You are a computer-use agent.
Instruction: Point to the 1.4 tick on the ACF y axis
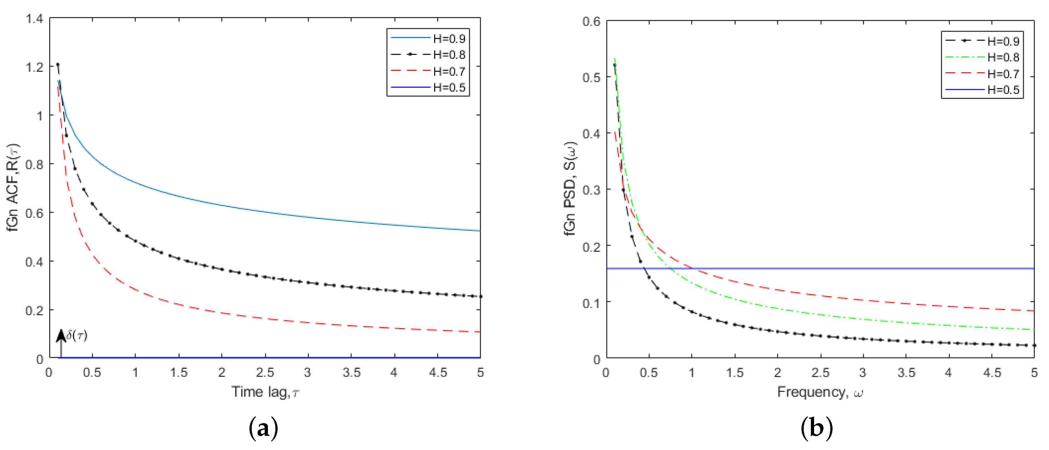[34, 18]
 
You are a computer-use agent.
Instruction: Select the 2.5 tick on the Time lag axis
[265, 372]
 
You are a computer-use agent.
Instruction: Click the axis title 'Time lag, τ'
[265, 392]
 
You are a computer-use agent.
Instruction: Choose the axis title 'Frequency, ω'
[820, 392]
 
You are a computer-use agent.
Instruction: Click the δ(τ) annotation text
[77, 335]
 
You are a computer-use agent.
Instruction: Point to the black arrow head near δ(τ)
[61, 335]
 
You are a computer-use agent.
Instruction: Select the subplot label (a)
[263, 428]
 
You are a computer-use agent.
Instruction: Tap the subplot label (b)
[816, 428]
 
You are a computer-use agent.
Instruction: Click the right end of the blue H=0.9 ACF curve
[479, 231]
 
